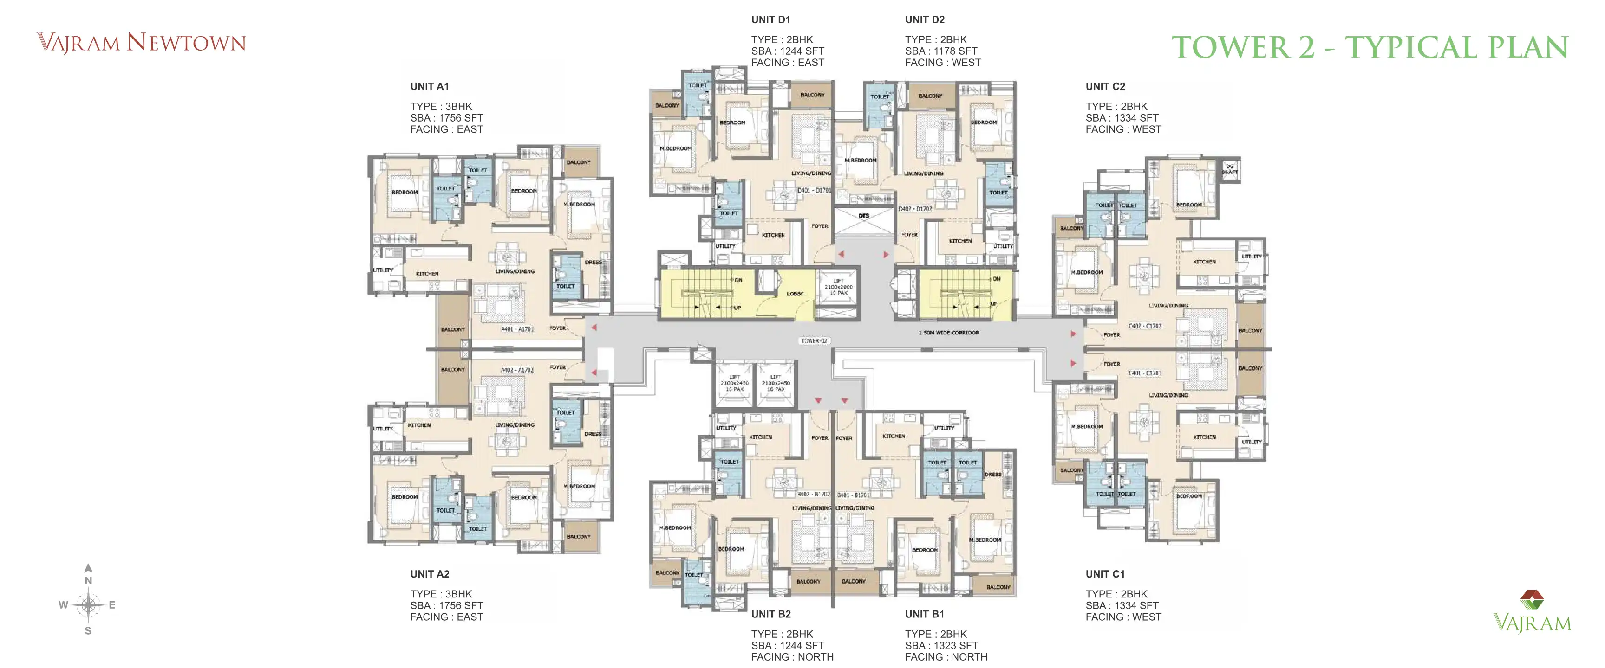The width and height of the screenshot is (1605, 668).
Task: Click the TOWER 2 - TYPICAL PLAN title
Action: click(1370, 47)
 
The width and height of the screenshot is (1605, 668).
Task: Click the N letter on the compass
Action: click(89, 580)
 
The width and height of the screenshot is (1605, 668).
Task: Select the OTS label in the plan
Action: click(863, 215)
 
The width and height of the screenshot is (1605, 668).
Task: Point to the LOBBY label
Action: click(795, 293)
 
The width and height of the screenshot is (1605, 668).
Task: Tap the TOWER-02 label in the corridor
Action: click(814, 340)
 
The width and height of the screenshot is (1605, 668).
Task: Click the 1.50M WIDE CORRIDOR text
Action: click(948, 333)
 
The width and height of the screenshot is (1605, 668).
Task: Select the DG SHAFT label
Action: click(1229, 169)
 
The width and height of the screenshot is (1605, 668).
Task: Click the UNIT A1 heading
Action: click(429, 87)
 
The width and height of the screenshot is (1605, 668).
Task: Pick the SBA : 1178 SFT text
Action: click(941, 51)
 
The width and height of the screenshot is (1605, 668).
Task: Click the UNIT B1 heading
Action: click(924, 614)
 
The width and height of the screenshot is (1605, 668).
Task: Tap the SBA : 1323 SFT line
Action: click(941, 646)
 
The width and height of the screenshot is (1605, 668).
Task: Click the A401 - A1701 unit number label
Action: click(517, 329)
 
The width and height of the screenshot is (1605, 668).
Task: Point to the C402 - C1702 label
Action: click(1145, 326)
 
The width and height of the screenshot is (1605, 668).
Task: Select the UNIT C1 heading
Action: click(1105, 574)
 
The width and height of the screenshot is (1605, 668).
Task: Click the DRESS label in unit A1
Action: click(593, 262)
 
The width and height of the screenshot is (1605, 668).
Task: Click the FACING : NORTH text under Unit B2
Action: click(792, 657)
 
